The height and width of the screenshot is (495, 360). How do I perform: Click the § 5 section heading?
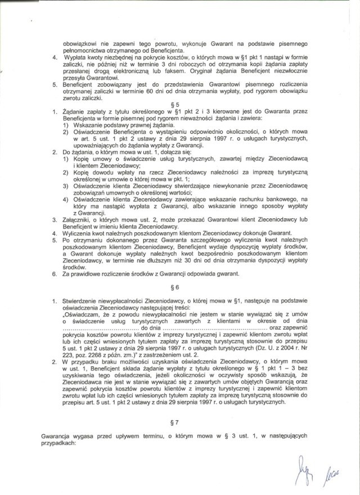178,104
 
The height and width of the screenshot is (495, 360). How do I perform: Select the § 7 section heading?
178,420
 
